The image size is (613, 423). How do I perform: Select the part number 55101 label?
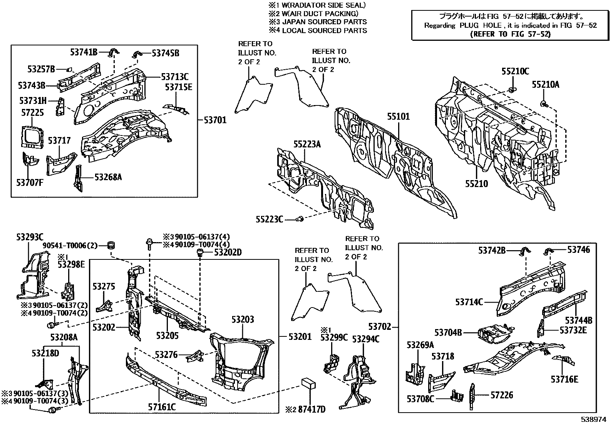(x=399, y=117)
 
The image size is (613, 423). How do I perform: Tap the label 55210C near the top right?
(x=515, y=71)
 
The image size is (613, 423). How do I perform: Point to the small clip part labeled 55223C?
(x=300, y=219)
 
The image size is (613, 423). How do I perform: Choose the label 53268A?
(x=108, y=177)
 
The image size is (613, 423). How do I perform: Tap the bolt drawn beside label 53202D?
(x=200, y=253)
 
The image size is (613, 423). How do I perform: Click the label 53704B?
(x=448, y=332)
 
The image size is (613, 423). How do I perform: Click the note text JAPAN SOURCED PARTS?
(x=324, y=22)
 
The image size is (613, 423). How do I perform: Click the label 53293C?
(x=30, y=237)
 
